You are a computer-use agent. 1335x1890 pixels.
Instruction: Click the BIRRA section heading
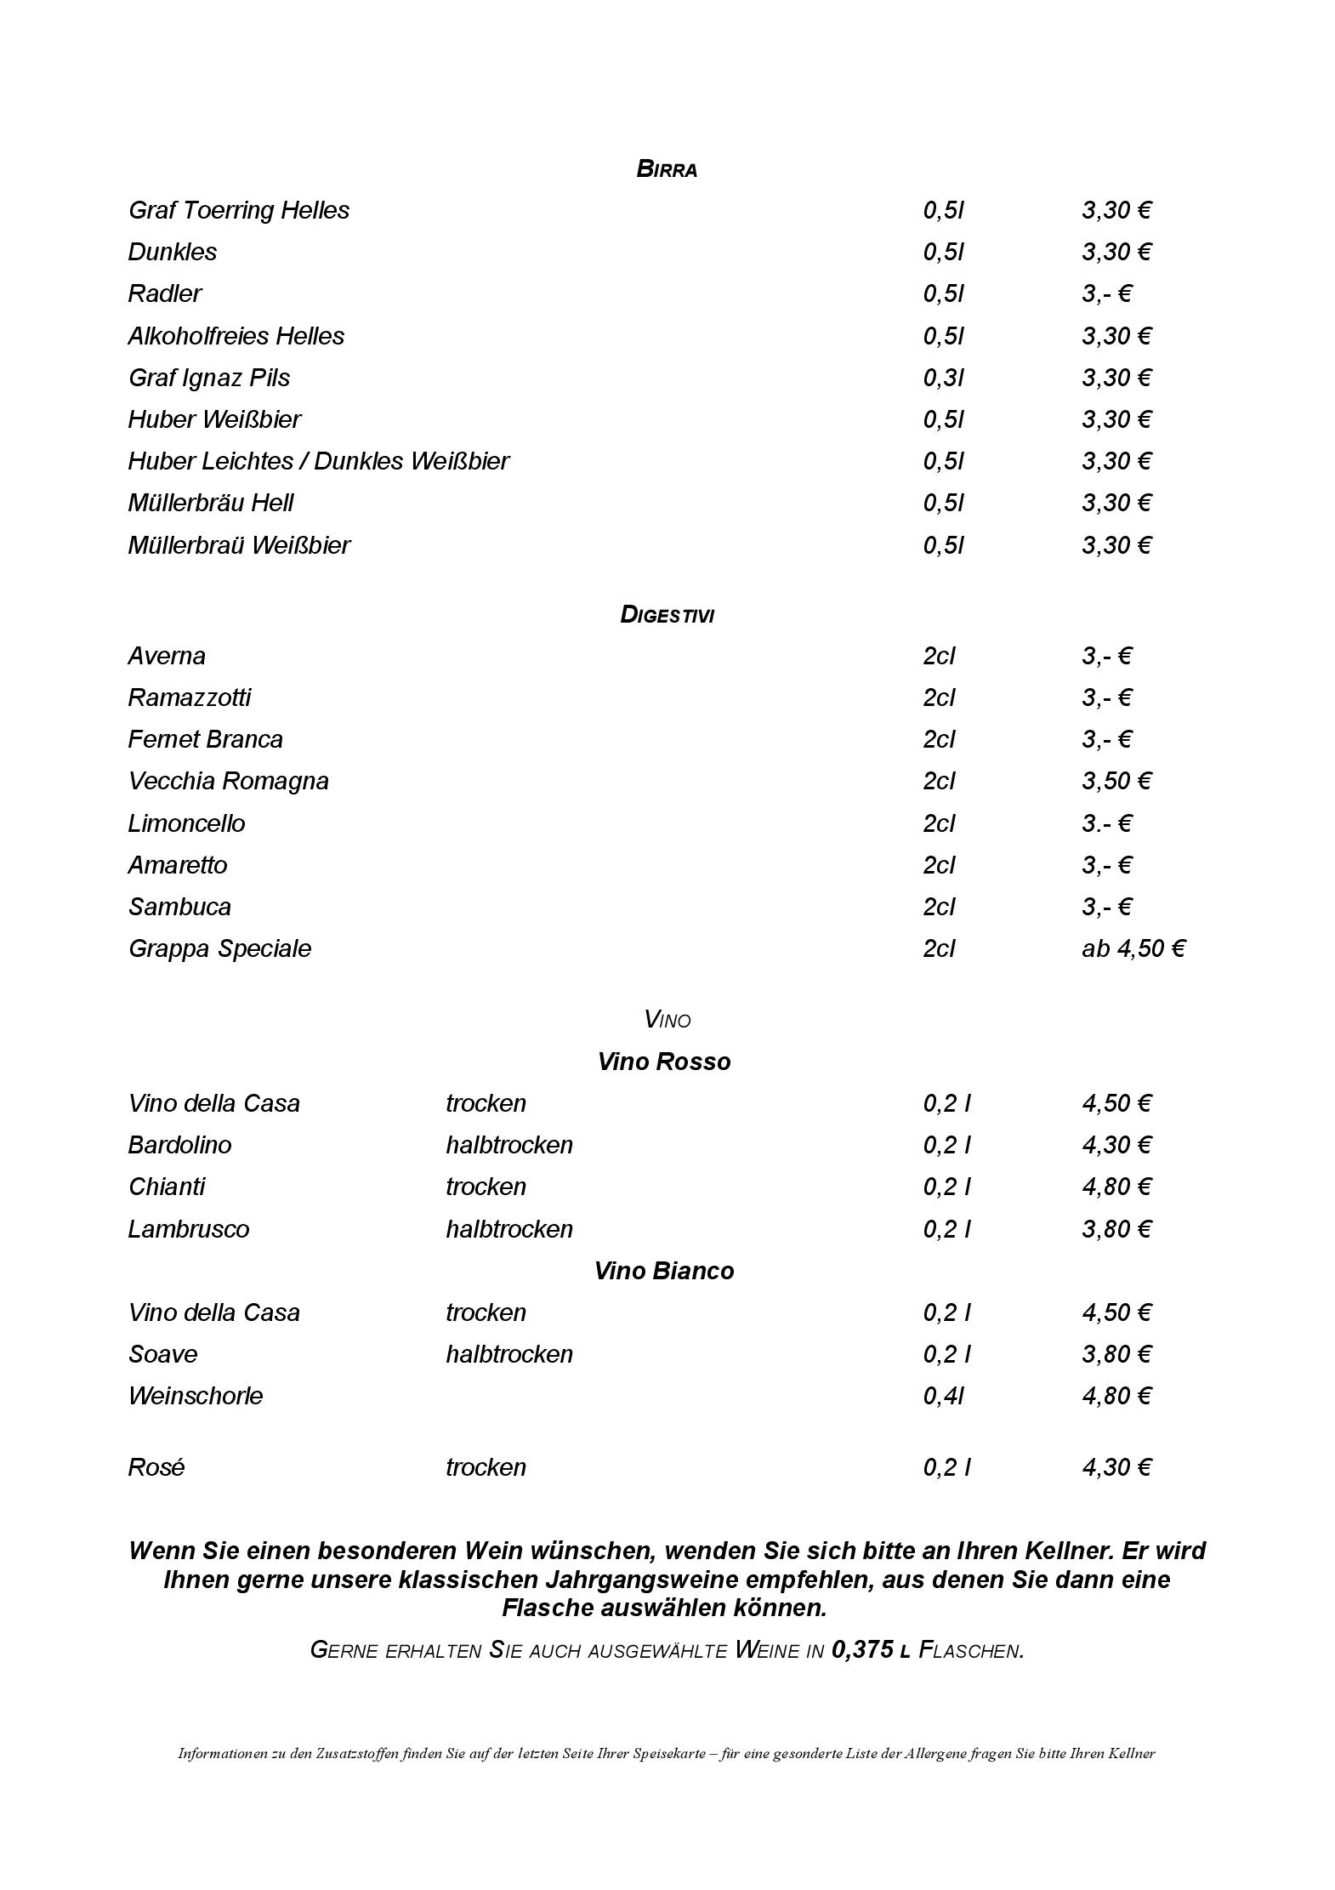[667, 169]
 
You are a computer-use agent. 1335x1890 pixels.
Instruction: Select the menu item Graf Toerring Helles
[238, 210]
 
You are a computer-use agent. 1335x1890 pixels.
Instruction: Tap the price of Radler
[1106, 293]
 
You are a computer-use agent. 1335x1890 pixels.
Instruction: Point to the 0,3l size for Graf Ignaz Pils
[943, 378]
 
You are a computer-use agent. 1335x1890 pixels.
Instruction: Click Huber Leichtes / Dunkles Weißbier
[318, 461]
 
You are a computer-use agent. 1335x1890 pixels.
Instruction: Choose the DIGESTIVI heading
[667, 614]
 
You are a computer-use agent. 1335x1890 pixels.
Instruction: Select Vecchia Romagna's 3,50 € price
[1116, 781]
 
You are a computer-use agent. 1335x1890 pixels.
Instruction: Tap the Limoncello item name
[186, 823]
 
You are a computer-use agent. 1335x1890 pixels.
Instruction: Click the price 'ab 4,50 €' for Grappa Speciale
[1133, 948]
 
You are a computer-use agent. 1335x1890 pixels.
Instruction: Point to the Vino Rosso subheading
[664, 1062]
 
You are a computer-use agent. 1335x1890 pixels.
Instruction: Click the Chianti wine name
[167, 1187]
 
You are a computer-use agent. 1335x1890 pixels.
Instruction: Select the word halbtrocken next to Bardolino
[508, 1145]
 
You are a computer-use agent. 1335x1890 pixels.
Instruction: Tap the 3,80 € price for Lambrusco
[1116, 1229]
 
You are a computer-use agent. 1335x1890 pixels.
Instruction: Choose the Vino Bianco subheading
[664, 1271]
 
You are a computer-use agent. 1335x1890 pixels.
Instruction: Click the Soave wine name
[162, 1354]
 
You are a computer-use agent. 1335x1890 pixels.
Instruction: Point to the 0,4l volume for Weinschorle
[943, 1396]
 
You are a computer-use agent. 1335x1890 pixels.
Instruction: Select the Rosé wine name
[156, 1467]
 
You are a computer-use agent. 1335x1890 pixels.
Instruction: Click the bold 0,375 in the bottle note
[862, 1650]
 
